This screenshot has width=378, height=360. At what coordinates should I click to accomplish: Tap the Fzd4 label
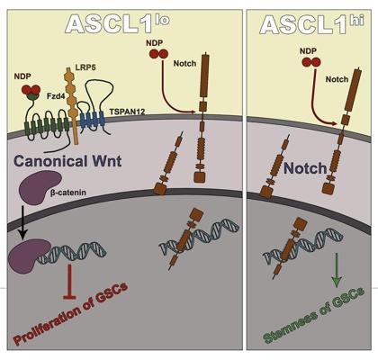click(56, 96)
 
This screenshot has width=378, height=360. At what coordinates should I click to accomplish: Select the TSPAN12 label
click(127, 112)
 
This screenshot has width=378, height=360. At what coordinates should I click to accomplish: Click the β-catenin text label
click(68, 192)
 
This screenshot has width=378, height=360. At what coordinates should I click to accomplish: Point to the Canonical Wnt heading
click(67, 161)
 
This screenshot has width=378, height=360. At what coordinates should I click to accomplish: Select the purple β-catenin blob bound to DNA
click(29, 256)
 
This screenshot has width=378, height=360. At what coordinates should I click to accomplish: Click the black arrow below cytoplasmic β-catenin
click(24, 223)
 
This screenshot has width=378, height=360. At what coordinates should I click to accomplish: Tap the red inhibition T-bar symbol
click(70, 282)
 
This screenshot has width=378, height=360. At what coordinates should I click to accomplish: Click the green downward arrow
click(337, 270)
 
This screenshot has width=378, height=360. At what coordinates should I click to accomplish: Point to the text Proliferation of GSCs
click(71, 313)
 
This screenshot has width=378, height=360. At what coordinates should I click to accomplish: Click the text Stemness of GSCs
click(314, 314)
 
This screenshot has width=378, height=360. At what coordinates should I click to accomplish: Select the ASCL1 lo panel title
click(118, 23)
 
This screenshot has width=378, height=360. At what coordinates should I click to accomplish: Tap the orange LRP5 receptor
click(72, 105)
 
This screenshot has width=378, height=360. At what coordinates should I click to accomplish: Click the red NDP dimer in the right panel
click(311, 62)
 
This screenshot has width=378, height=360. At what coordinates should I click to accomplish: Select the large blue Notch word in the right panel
click(305, 168)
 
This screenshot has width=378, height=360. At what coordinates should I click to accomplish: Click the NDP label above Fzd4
click(22, 76)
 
